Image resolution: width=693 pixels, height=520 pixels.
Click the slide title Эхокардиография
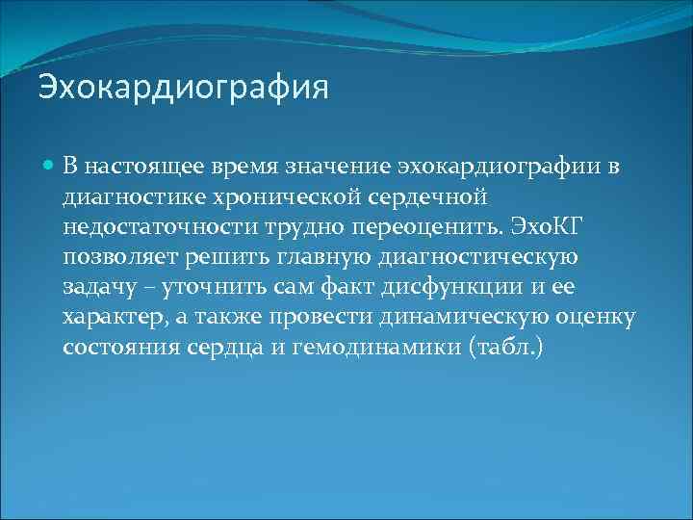pos(183,89)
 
